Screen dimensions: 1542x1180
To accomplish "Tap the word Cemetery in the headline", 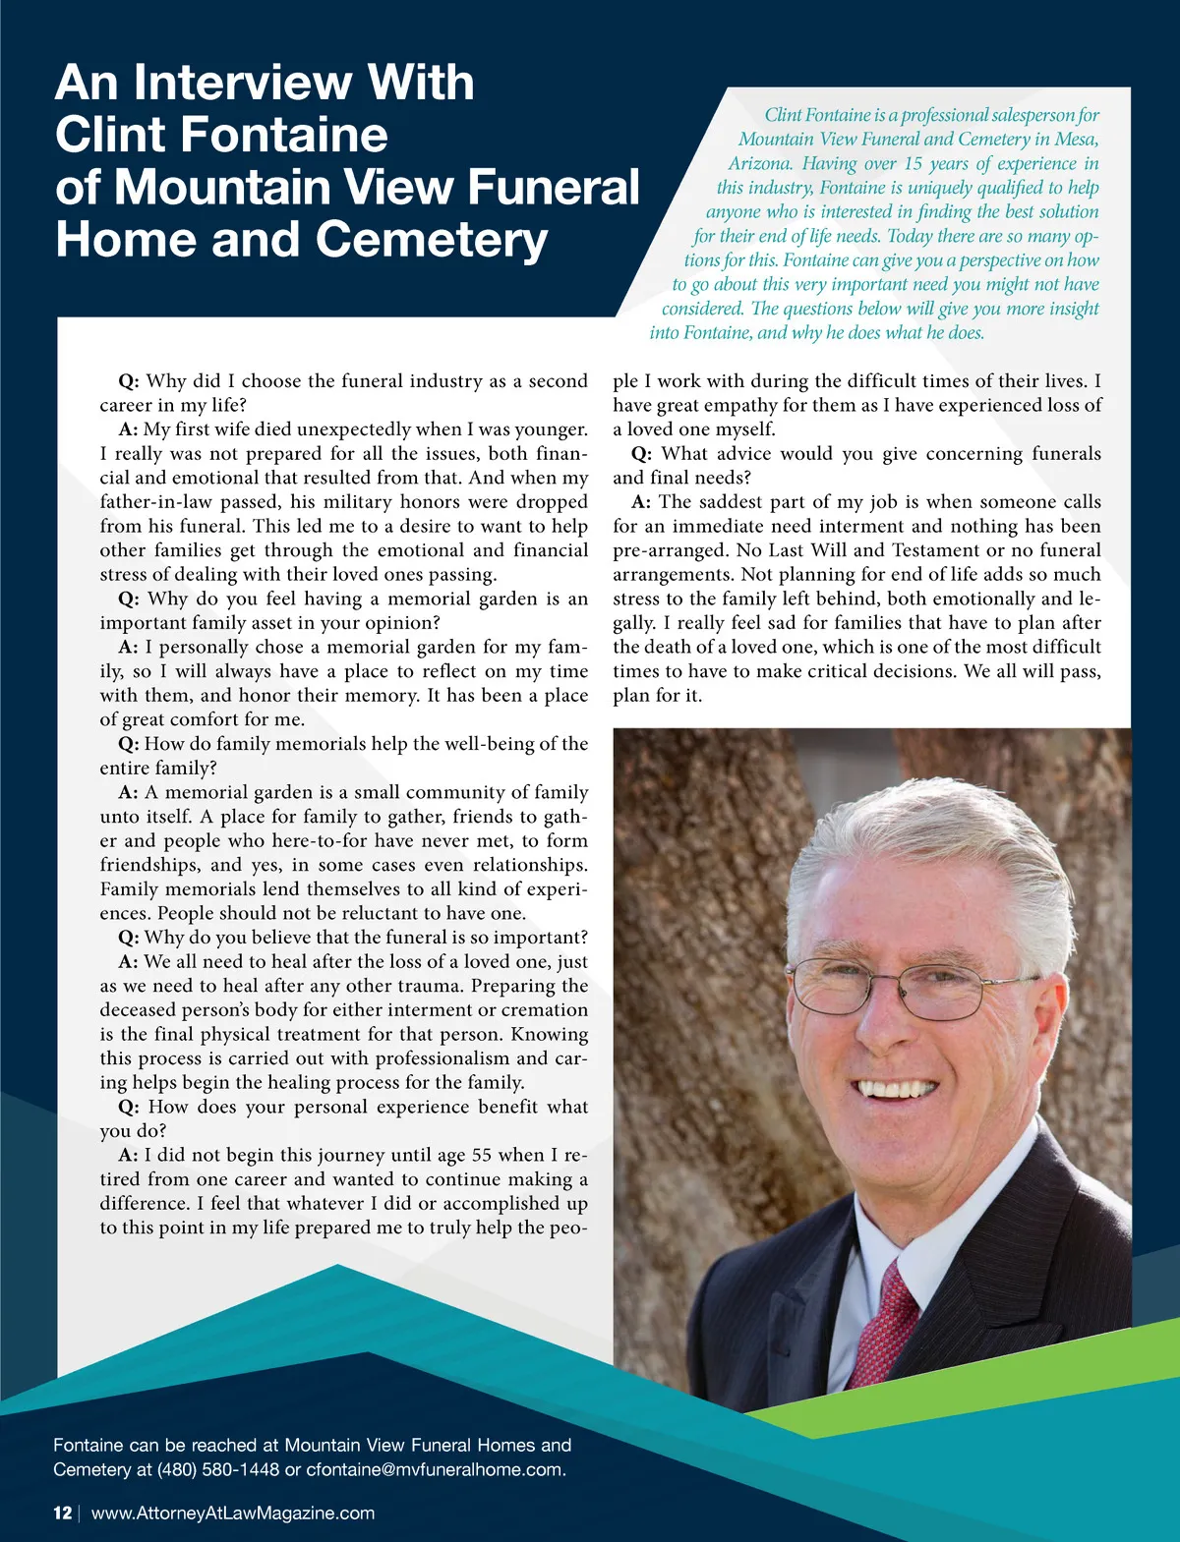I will tap(432, 240).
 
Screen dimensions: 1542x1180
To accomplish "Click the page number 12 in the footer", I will tap(62, 1513).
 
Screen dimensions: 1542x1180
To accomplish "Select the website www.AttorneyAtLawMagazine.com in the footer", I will tap(233, 1513).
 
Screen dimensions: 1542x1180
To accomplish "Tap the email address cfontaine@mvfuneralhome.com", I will tap(436, 1470).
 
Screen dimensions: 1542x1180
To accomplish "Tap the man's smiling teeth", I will tap(897, 1089).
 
